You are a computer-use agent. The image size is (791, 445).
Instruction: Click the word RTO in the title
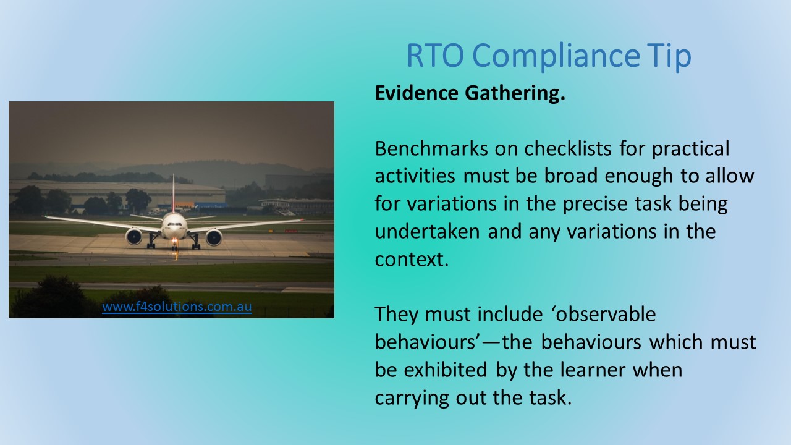[x=435, y=55]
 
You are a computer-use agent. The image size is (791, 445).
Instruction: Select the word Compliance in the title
[x=556, y=56]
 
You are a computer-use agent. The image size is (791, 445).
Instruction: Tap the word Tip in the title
[x=669, y=56]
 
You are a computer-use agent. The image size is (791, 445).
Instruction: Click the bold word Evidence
[x=417, y=93]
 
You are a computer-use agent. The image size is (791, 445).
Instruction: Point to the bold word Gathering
[x=515, y=94]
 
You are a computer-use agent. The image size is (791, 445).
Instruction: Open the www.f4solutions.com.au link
[x=177, y=307]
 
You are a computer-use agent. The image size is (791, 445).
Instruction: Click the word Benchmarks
[x=431, y=148]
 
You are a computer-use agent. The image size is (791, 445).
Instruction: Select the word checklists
[x=568, y=148]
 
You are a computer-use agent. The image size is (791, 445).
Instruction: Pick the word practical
[x=691, y=150]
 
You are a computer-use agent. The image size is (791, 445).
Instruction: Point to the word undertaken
[x=427, y=232]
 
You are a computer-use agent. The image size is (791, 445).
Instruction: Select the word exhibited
[x=446, y=370]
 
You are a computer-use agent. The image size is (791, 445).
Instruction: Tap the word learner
[x=593, y=370]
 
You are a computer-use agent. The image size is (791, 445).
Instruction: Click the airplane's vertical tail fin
[x=174, y=193]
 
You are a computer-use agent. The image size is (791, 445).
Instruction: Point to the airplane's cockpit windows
[x=174, y=224]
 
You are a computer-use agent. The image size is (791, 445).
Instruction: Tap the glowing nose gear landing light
[x=174, y=241]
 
